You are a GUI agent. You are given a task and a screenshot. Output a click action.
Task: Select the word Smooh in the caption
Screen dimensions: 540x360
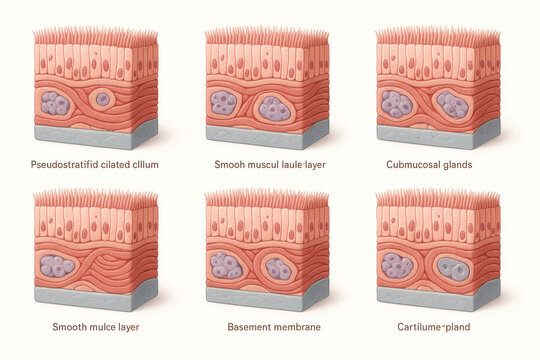coord(231,163)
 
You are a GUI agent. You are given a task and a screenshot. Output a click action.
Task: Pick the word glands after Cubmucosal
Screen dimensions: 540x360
coord(457,163)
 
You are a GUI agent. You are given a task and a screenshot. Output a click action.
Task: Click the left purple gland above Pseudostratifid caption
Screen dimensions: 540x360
coord(55,103)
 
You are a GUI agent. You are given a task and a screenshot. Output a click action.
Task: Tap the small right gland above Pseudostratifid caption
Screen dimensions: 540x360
coord(102,99)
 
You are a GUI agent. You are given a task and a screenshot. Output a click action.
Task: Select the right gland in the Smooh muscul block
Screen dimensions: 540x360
coord(275,107)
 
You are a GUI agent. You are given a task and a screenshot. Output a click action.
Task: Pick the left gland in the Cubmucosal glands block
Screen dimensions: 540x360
coord(397,104)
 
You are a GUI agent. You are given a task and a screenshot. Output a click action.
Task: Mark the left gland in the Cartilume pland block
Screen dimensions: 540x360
coord(398,265)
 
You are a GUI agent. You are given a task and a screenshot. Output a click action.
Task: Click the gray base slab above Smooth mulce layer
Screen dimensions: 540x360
coord(94,295)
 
